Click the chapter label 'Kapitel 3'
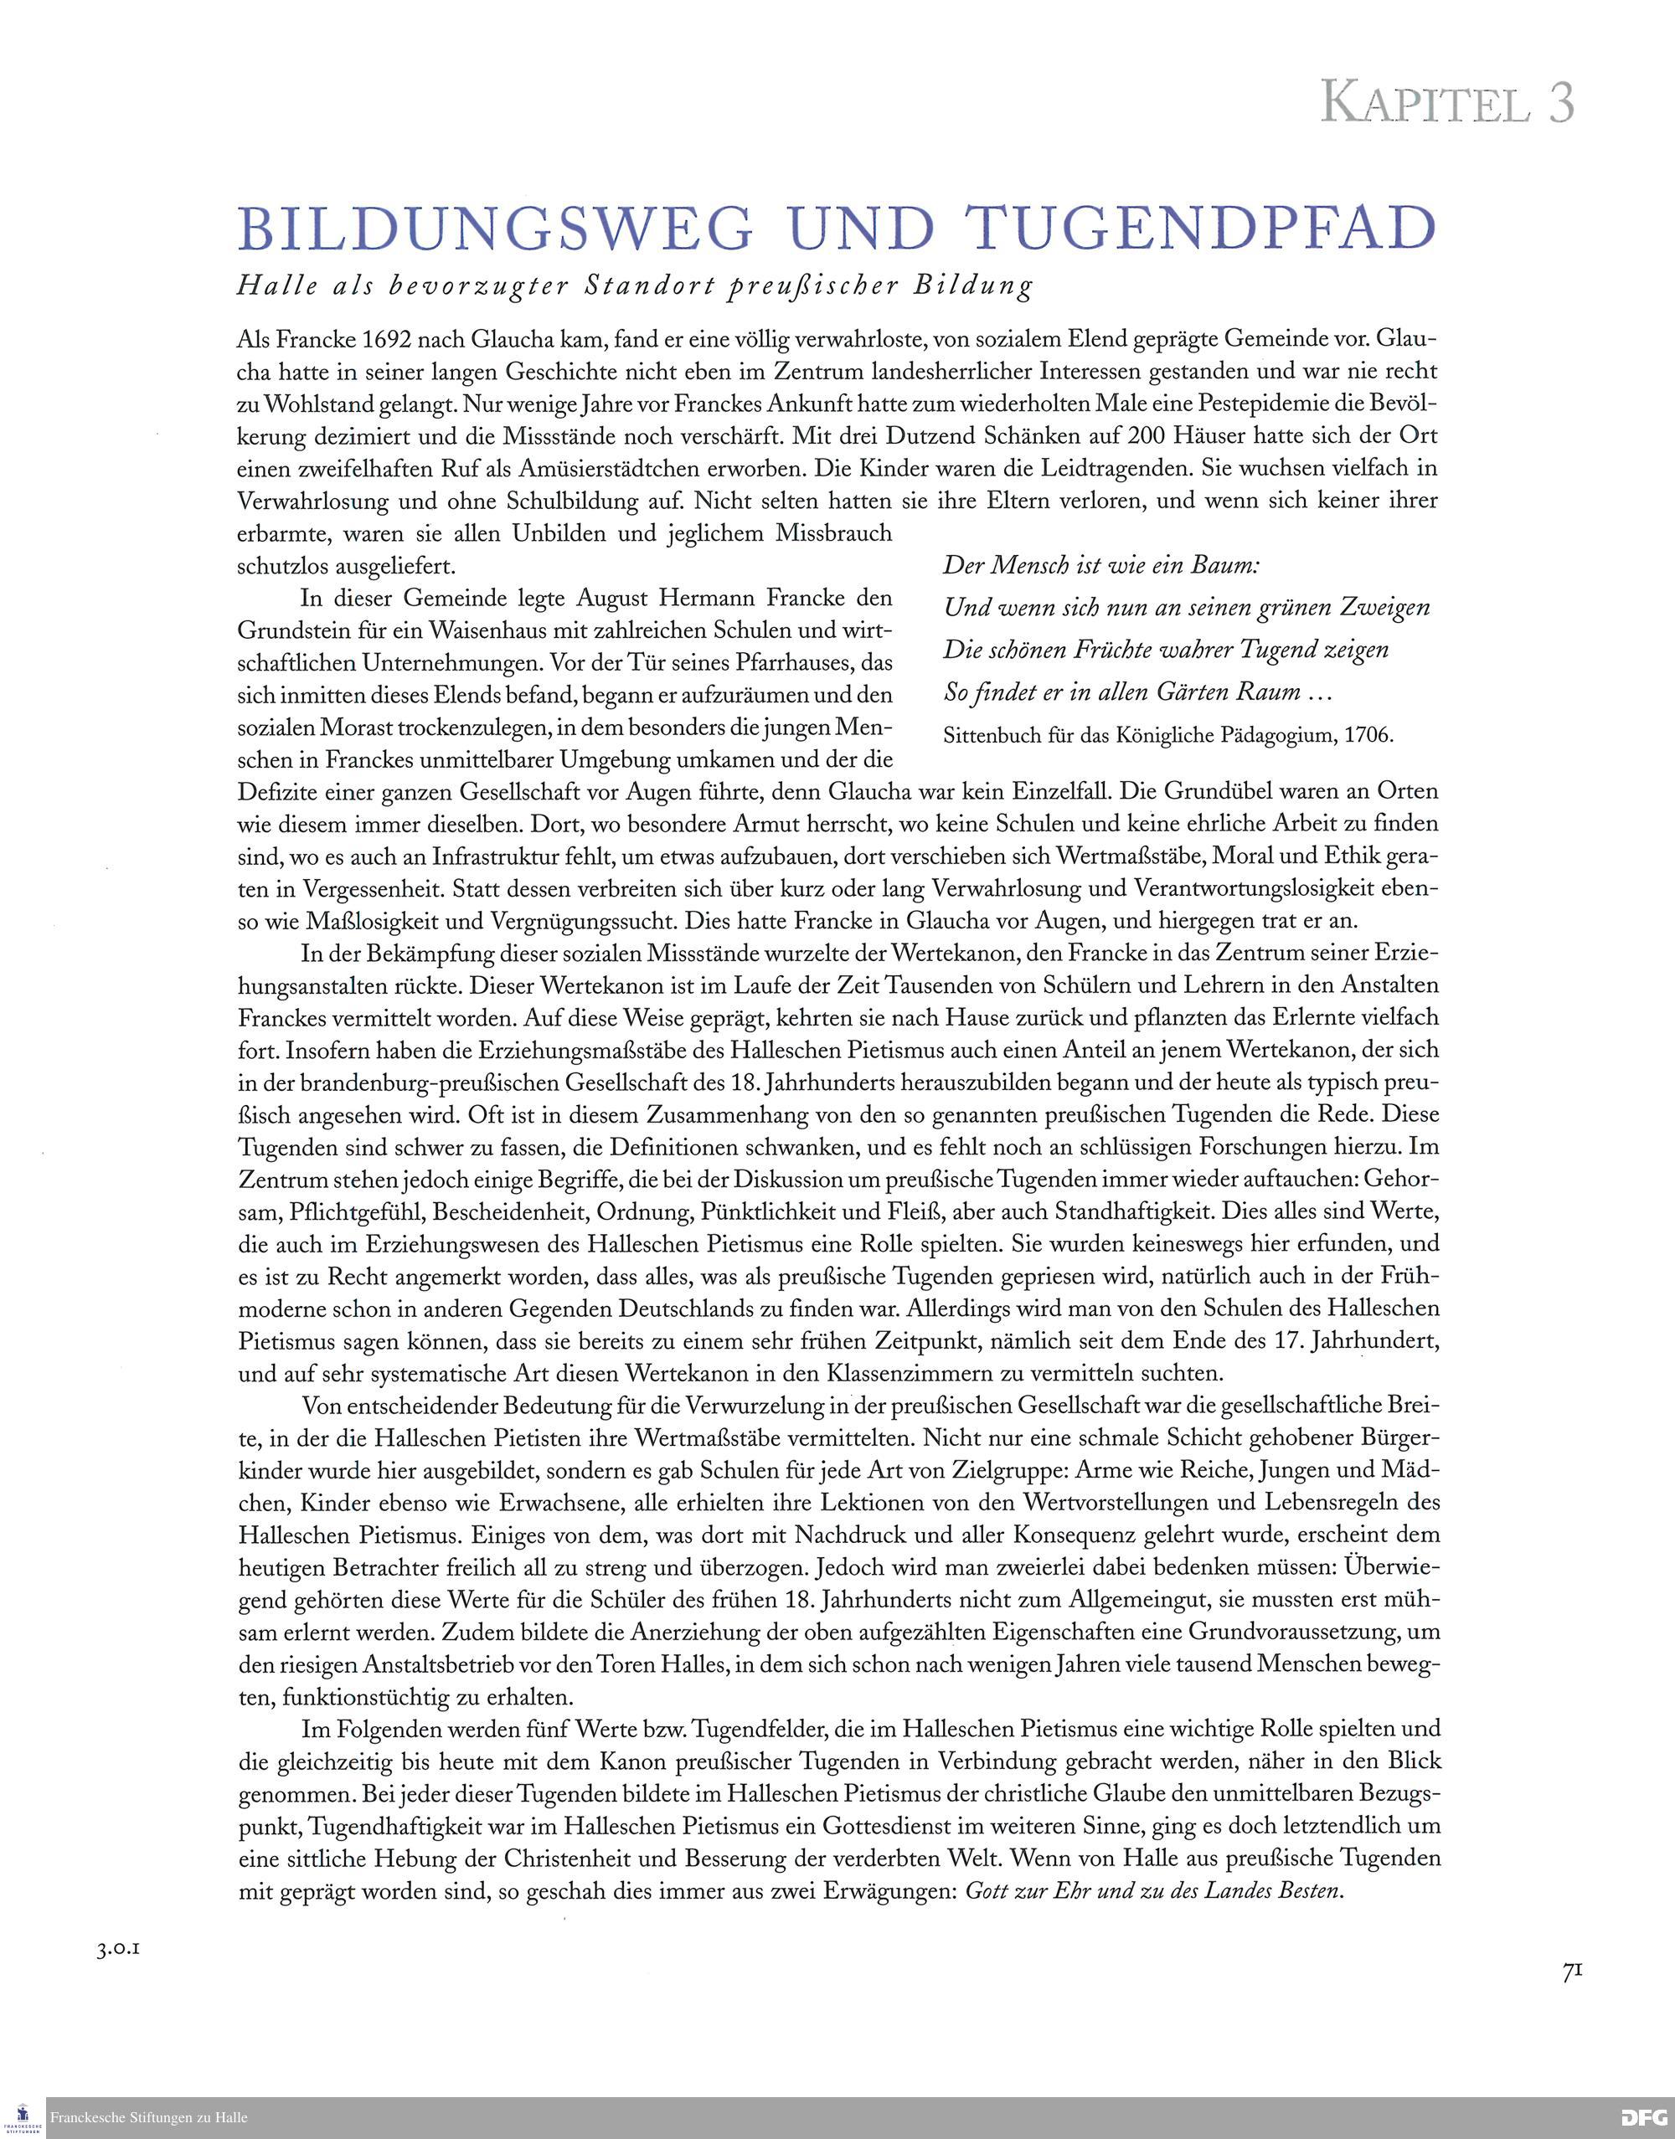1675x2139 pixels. click(1446, 102)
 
